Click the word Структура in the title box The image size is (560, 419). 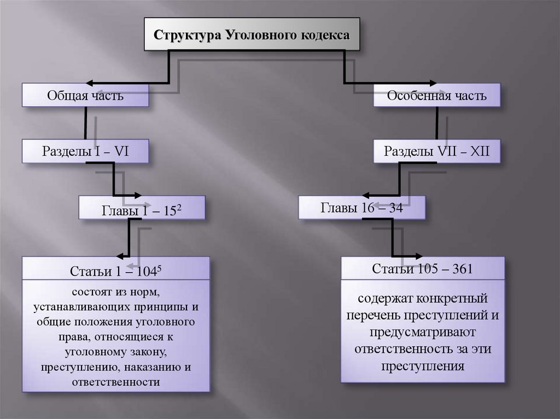point(183,35)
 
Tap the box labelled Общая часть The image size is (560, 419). point(85,96)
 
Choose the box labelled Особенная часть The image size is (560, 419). point(437,96)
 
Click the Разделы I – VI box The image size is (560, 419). point(85,151)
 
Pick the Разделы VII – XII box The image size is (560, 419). point(437,150)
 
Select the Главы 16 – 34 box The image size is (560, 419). point(361,206)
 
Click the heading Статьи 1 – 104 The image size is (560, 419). point(116,270)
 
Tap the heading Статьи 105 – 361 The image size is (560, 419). point(421,269)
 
